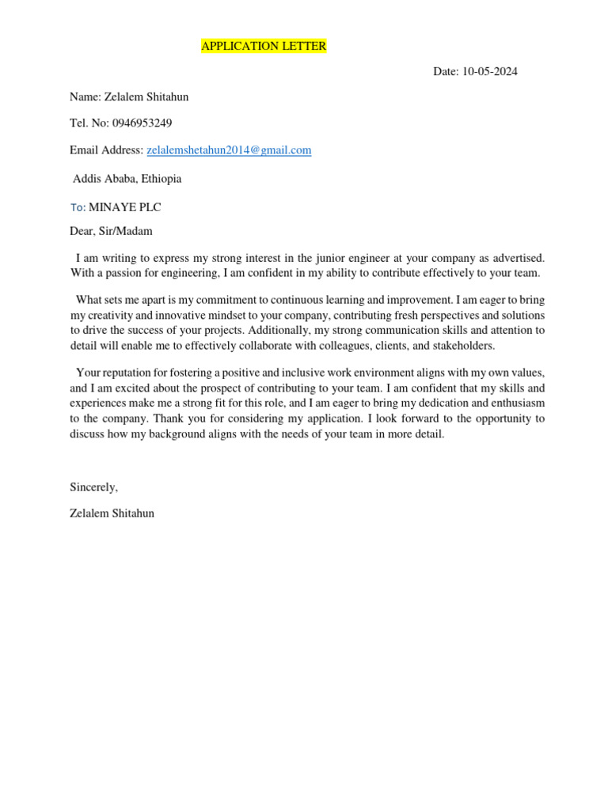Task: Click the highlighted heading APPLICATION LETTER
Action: [x=264, y=47]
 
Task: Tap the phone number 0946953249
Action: [x=142, y=123]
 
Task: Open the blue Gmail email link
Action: [x=229, y=150]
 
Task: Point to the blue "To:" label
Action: [x=78, y=207]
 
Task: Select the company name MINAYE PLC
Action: [x=125, y=207]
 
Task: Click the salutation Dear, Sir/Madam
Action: [x=111, y=232]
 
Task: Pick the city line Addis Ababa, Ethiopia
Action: [x=127, y=179]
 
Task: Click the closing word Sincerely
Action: [x=93, y=487]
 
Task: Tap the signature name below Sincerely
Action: [x=112, y=513]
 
